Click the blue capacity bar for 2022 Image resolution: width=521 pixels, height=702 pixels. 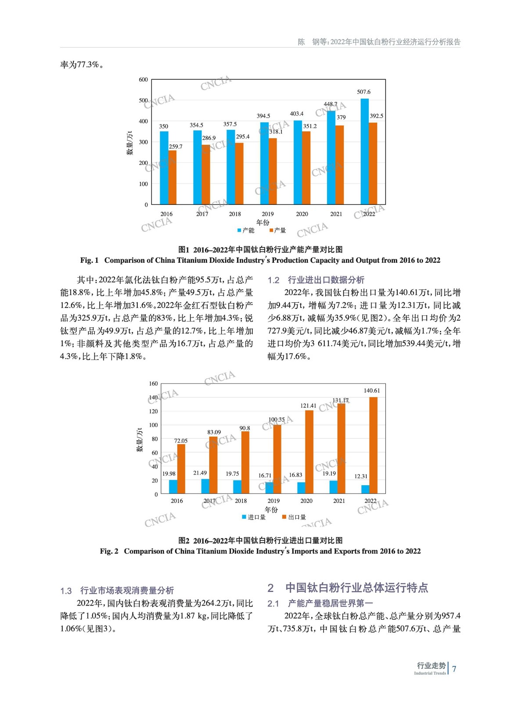tap(364, 151)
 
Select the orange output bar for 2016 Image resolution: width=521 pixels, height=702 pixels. tap(172, 177)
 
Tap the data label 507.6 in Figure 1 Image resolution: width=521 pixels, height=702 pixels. tap(363, 92)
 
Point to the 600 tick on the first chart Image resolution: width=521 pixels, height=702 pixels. tap(144, 80)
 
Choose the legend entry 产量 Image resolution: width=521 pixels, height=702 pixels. tap(277, 230)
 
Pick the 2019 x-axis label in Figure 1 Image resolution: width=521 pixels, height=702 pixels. tap(267, 214)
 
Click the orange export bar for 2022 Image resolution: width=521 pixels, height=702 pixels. tap(373, 445)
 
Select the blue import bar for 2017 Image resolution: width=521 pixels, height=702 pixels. tap(205, 486)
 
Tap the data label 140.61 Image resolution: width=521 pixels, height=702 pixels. tap(372, 390)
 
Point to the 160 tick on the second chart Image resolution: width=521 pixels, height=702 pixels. tap(153, 384)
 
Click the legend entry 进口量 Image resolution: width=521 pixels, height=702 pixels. tap(254, 517)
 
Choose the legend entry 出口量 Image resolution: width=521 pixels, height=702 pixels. tap(294, 517)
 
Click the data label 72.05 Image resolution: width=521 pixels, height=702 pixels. tap(181, 441)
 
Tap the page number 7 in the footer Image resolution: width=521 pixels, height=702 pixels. tap(454, 669)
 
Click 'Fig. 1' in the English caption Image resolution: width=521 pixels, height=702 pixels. tap(90, 261)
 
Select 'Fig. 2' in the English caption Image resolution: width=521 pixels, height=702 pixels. tap(109, 552)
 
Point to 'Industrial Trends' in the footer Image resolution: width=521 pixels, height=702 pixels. tap(430, 673)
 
